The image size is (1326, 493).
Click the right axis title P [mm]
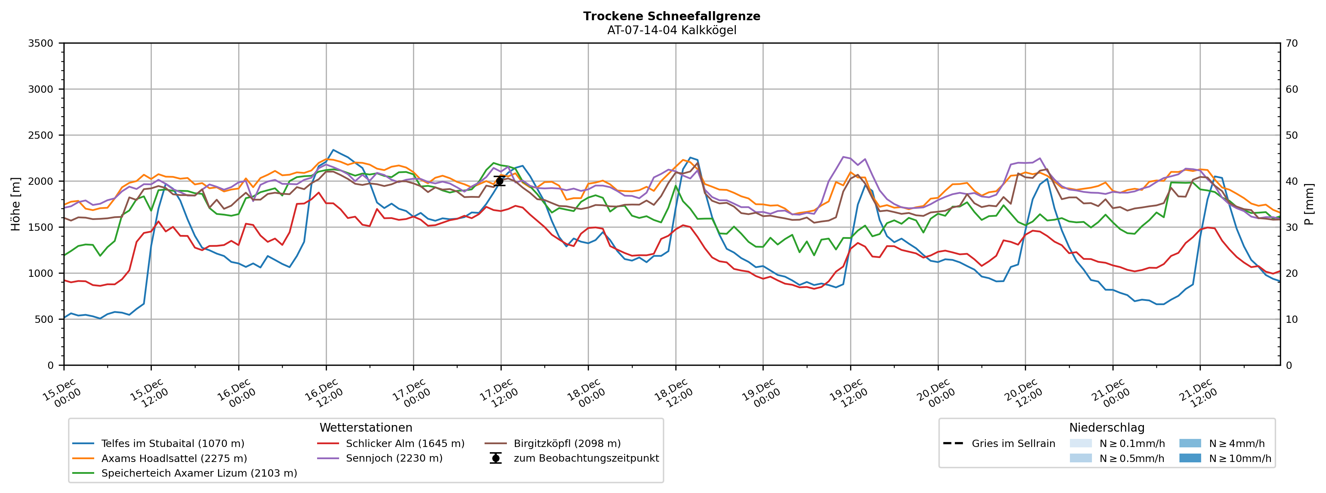pyautogui.click(x=1310, y=204)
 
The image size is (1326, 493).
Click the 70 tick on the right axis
pyautogui.click(x=1292, y=43)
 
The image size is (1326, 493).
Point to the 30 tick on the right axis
pyautogui.click(x=1292, y=227)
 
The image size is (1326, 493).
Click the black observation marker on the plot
pyautogui.click(x=499, y=181)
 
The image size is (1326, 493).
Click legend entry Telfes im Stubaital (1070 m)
pyautogui.click(x=172, y=443)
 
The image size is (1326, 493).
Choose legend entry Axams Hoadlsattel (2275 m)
pyautogui.click(x=174, y=458)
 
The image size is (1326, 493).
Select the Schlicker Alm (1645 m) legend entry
pyautogui.click(x=405, y=443)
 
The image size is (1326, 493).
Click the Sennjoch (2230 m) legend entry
pyautogui.click(x=394, y=458)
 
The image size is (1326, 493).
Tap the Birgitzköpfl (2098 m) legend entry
pyautogui.click(x=567, y=443)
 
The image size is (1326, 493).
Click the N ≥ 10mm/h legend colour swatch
pyautogui.click(x=1190, y=458)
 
